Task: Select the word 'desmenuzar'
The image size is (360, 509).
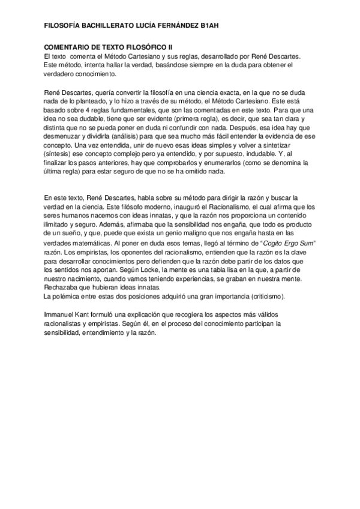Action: tap(65, 137)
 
